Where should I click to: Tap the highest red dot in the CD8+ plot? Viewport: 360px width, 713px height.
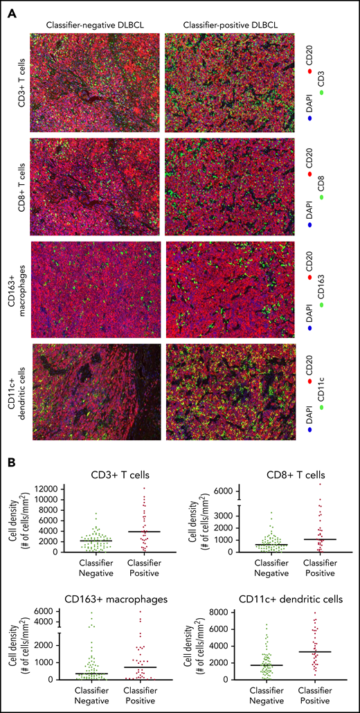(x=320, y=484)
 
